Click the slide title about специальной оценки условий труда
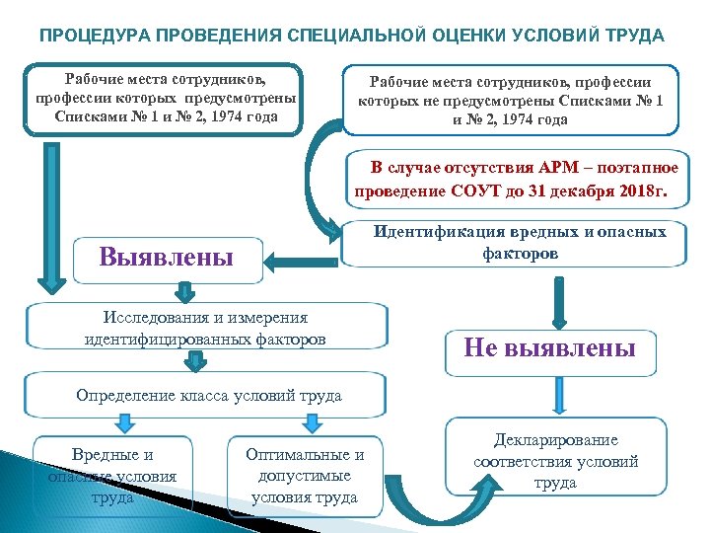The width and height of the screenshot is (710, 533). tap(352, 36)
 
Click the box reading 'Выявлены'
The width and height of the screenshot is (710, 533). tap(168, 259)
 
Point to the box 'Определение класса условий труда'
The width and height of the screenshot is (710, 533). tap(209, 396)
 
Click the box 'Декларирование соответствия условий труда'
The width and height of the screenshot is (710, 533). tap(556, 460)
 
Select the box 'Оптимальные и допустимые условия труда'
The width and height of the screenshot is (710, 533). tap(305, 476)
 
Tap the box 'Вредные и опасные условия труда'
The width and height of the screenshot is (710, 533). tap(113, 476)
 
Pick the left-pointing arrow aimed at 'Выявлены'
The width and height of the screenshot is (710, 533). tap(302, 262)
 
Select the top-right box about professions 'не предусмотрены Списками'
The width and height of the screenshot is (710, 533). tap(511, 99)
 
